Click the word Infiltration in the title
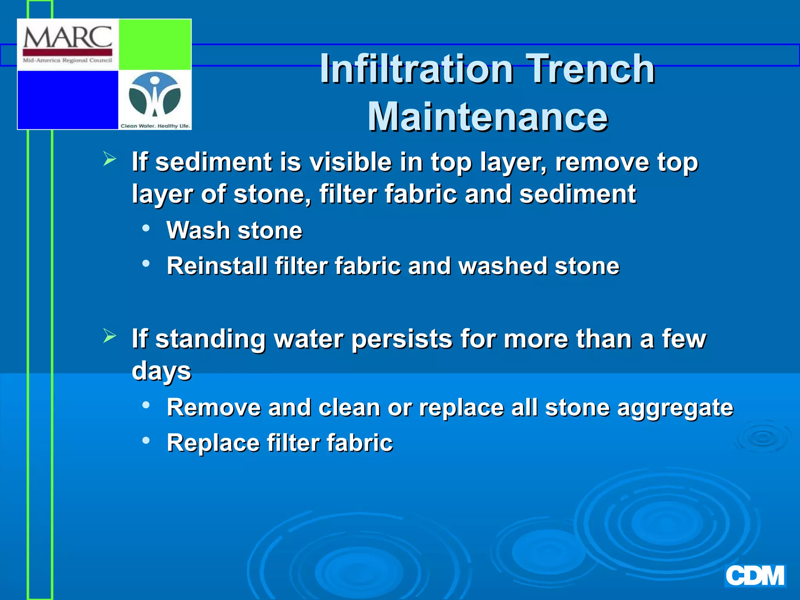pos(416,69)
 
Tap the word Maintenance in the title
pos(487,117)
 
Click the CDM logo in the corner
pos(755,576)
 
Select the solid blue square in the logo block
pos(68,100)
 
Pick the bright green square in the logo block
pos(155,45)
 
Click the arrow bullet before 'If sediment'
pos(110,159)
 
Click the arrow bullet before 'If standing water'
pos(110,336)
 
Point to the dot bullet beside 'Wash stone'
pos(146,228)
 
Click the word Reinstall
pos(217,266)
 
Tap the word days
pos(161,371)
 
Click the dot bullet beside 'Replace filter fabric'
pos(146,441)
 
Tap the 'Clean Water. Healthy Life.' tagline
pos(155,126)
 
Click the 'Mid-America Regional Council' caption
pos(68,61)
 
